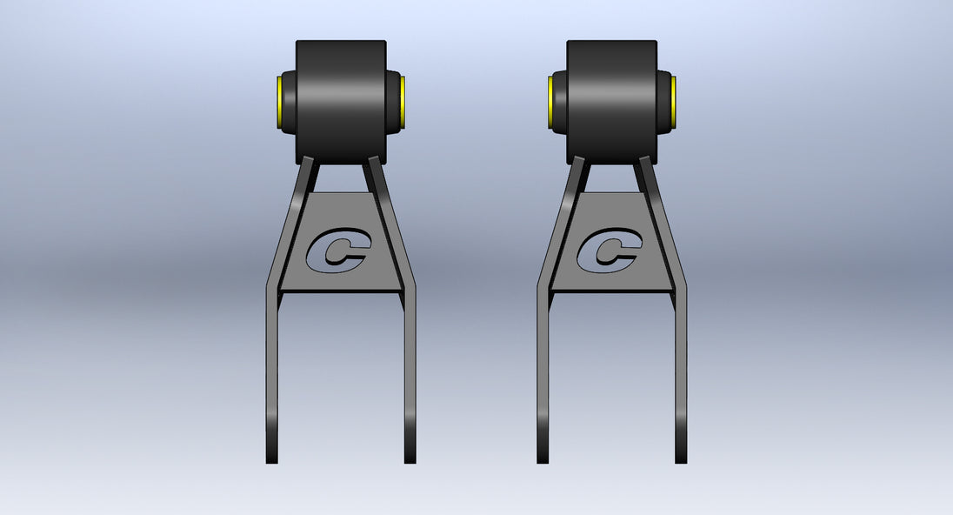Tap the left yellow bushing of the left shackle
point(279,102)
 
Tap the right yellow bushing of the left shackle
point(403,102)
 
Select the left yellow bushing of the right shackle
point(550,102)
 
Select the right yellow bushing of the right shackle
point(673,102)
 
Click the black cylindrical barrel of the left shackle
point(341,102)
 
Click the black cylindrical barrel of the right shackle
point(612,102)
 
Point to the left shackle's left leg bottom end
point(271,463)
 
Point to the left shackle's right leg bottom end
point(410,463)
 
